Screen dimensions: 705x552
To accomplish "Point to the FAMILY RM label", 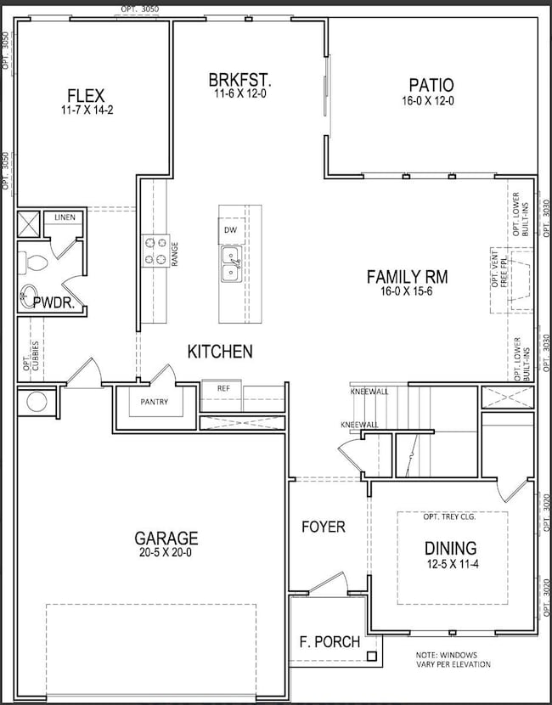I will pos(407,276).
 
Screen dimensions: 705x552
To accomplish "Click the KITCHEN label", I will pos(220,351).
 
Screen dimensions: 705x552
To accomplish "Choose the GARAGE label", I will pos(166,538).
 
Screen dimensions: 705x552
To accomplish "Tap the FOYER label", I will pos(324,527).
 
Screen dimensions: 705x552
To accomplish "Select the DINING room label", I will pos(451,548).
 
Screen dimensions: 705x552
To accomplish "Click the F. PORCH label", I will pos(330,641).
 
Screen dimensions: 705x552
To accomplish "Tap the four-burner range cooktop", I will pos(155,251).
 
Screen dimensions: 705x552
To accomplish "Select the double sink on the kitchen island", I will pos(230,263).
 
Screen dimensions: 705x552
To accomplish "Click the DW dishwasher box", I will pos(230,230).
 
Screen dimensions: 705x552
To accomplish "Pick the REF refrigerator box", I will pos(223,388).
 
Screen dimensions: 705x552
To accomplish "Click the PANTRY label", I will pos(155,403).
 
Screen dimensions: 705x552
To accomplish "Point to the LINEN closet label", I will pos(65,217).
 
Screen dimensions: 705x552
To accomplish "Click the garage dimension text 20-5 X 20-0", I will pos(166,553).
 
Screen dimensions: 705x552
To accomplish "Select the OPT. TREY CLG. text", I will pos(452,516).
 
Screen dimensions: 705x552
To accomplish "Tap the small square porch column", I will pos(371,656).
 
